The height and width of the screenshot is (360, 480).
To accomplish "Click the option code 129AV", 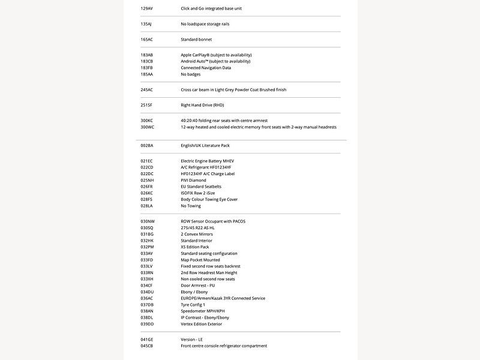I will [x=147, y=8].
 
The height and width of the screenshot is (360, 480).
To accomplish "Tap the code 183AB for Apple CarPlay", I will [x=147, y=55].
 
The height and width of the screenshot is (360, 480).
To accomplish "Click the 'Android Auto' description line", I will [x=215, y=61].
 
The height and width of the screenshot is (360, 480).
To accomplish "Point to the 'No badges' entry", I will [x=191, y=74].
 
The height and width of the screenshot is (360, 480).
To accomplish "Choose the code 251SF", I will [x=147, y=105].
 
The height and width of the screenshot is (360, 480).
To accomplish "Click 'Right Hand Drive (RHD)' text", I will [x=202, y=105].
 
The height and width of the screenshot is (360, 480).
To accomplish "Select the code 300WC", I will [x=148, y=127].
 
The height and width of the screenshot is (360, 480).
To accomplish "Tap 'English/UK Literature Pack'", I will [x=205, y=145].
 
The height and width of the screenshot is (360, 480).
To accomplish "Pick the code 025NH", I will [x=148, y=180].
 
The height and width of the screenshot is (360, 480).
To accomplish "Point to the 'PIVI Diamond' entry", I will [x=193, y=180].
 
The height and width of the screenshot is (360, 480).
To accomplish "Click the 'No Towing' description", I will [x=191, y=206].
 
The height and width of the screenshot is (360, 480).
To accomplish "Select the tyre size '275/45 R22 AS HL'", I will [x=197, y=228].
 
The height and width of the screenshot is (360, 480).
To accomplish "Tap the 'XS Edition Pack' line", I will [x=195, y=247].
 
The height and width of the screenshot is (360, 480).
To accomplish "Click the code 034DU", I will [x=148, y=292].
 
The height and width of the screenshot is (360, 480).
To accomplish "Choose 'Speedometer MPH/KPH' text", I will [x=203, y=311].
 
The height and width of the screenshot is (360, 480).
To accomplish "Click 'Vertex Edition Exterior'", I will [x=202, y=324].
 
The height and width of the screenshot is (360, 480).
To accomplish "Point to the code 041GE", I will [x=147, y=340].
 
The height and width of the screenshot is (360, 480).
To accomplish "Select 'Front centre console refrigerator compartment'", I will [x=224, y=346].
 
